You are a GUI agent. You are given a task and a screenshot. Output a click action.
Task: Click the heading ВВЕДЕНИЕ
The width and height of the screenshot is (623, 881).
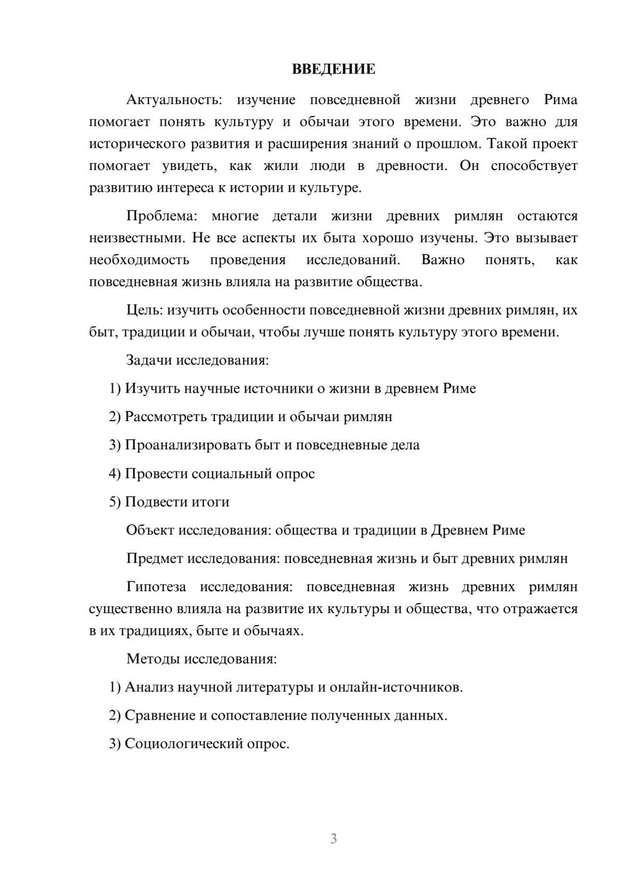click(333, 69)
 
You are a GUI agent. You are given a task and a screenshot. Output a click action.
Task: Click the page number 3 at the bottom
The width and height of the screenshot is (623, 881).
click(333, 839)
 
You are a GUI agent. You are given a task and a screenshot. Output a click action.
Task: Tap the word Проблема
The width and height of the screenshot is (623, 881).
click(161, 216)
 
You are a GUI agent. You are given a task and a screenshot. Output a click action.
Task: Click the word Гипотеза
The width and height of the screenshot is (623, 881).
click(156, 587)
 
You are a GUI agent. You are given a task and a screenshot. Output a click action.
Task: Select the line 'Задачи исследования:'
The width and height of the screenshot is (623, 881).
click(197, 360)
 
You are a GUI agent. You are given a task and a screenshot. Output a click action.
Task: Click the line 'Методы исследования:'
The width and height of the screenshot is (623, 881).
click(201, 659)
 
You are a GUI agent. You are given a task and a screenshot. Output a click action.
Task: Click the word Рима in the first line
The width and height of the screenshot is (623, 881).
click(560, 100)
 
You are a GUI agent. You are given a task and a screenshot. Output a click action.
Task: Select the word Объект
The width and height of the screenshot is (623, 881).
click(150, 530)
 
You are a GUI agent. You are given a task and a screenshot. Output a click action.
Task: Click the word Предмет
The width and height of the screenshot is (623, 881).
click(154, 558)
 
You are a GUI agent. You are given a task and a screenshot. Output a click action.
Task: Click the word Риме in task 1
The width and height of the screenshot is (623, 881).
click(459, 389)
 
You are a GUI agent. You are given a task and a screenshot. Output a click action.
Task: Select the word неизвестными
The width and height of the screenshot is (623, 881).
click(136, 238)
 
